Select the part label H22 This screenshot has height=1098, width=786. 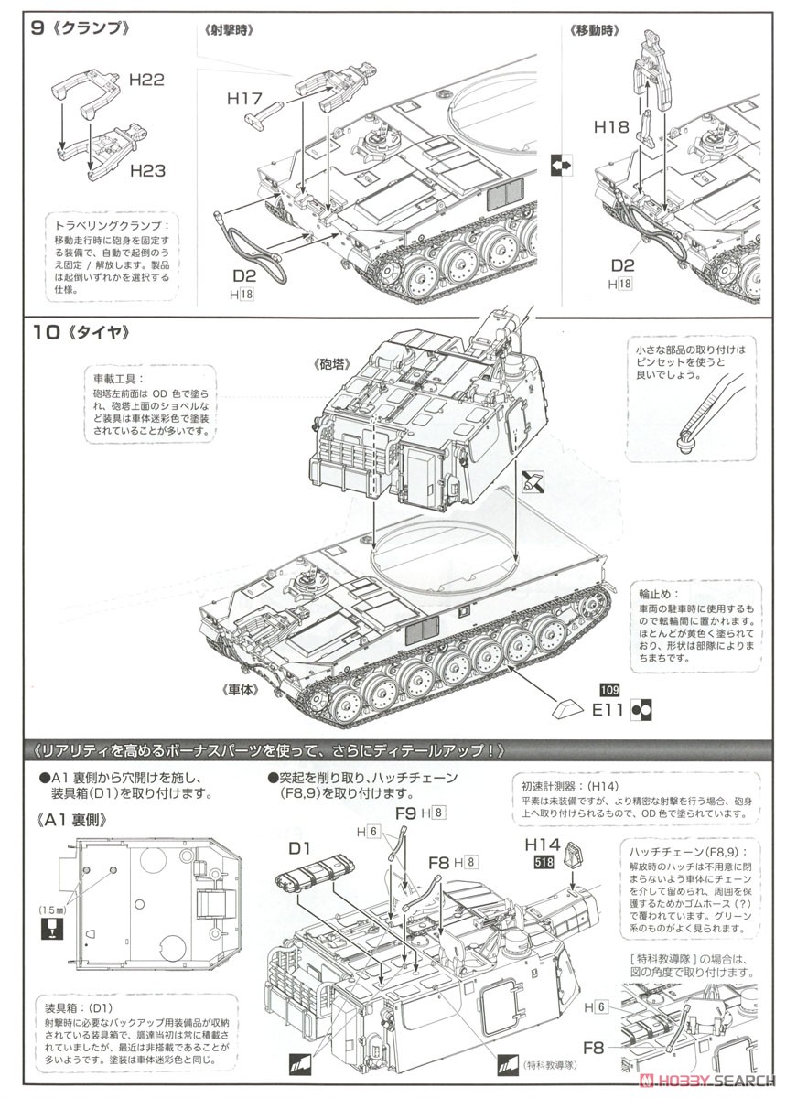point(145,81)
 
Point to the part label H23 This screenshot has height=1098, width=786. point(147,169)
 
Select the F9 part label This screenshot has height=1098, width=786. point(406,811)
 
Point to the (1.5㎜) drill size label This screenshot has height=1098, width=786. point(50,910)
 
